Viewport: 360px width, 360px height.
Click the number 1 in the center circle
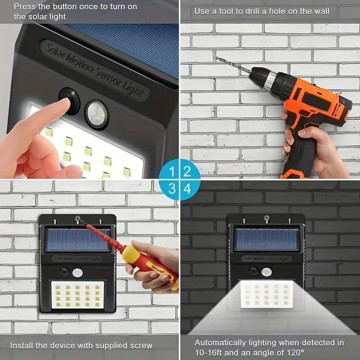(x=172, y=171)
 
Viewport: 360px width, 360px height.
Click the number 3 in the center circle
(x=172, y=189)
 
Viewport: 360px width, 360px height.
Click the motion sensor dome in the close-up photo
(x=96, y=114)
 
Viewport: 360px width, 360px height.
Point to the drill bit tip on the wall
(x=218, y=58)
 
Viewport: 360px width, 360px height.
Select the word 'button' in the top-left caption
(x=62, y=6)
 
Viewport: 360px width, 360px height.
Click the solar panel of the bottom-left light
(x=77, y=240)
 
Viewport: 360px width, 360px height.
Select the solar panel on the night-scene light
(x=267, y=240)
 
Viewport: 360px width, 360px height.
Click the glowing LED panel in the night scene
(x=267, y=295)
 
